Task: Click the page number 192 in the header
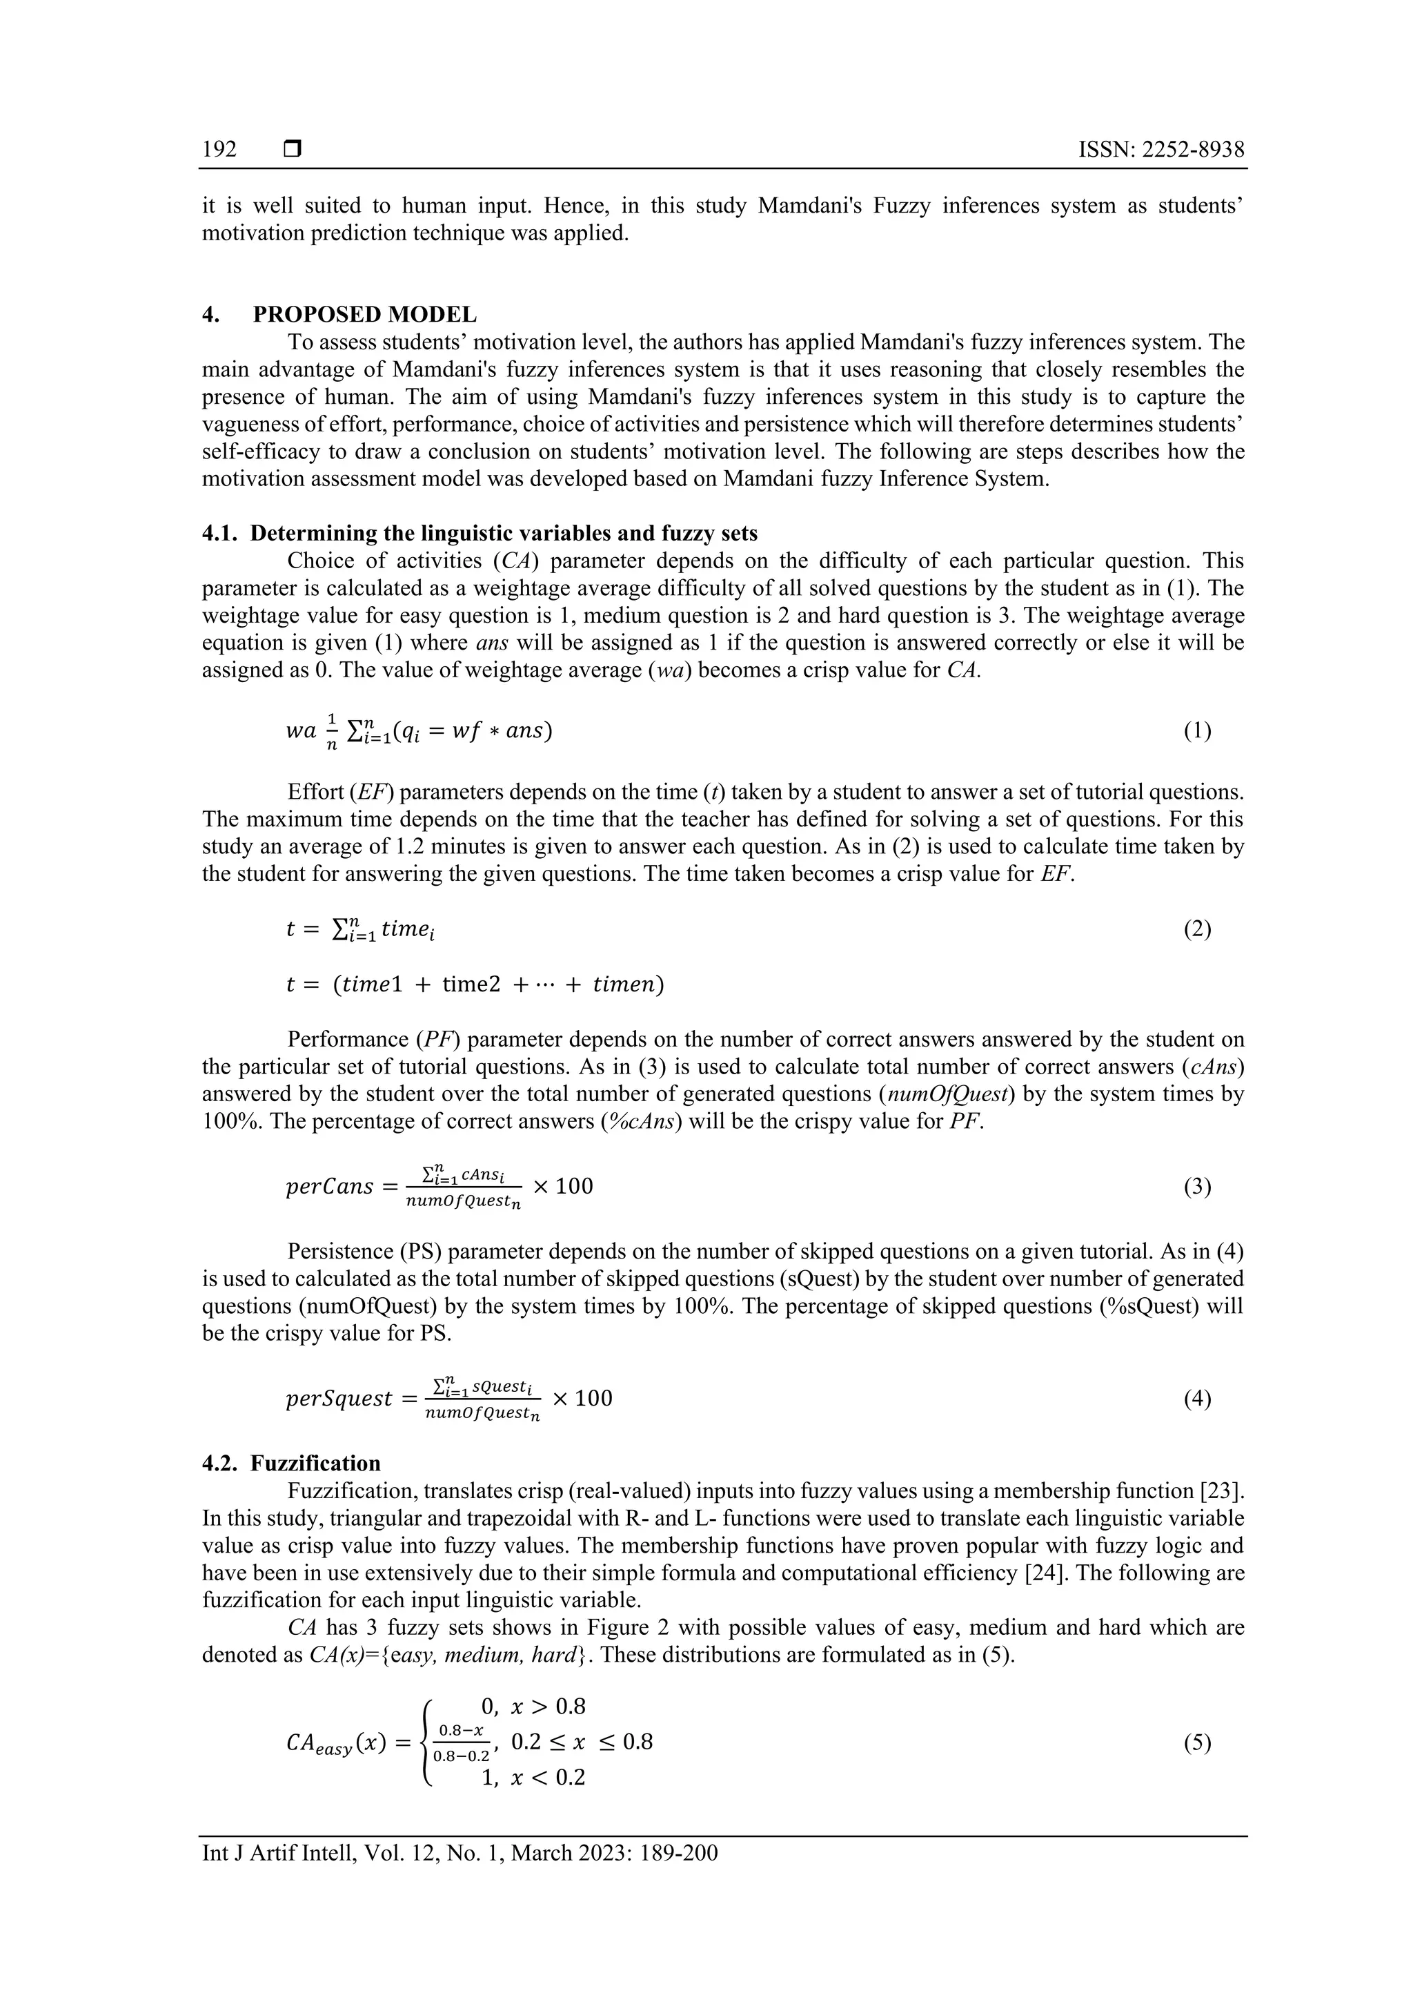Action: pos(219,150)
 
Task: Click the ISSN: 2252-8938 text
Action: pos(1160,150)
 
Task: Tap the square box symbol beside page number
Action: pos(293,150)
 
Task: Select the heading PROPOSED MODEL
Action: pos(365,314)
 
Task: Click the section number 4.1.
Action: pos(219,533)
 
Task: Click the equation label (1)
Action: pos(1197,731)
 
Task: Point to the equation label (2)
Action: pos(1197,929)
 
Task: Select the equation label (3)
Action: pos(1197,1187)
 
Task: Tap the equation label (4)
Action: pos(1197,1398)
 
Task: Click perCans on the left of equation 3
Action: pos(329,1187)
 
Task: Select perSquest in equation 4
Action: pos(339,1399)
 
